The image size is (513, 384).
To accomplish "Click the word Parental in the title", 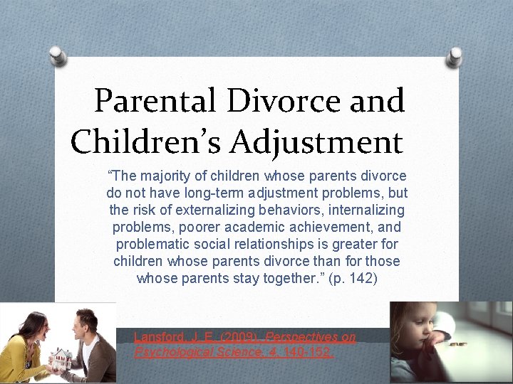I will tap(155, 101).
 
